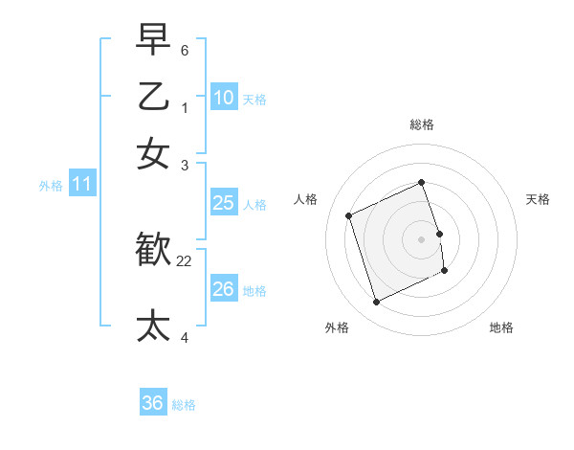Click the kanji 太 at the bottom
click(153, 325)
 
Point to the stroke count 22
click(185, 261)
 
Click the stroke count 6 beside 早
click(185, 49)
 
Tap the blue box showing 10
click(223, 98)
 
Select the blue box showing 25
click(223, 203)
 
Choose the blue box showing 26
click(223, 289)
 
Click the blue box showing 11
click(81, 185)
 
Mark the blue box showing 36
click(152, 404)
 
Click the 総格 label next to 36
click(184, 405)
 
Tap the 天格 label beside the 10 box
click(254, 99)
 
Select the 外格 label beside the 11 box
click(51, 186)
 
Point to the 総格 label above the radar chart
click(422, 124)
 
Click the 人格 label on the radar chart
click(305, 199)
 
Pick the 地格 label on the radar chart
click(501, 327)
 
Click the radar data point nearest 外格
click(376, 303)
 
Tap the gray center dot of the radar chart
click(422, 238)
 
